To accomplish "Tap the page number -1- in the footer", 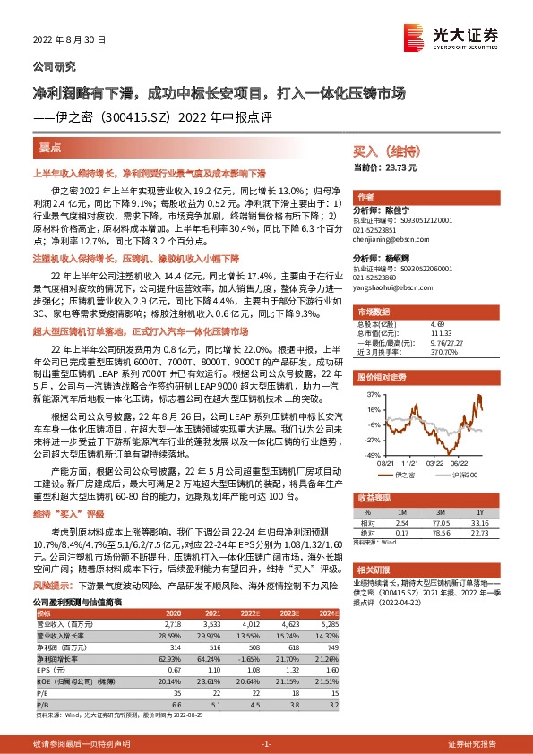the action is (x=266, y=744).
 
